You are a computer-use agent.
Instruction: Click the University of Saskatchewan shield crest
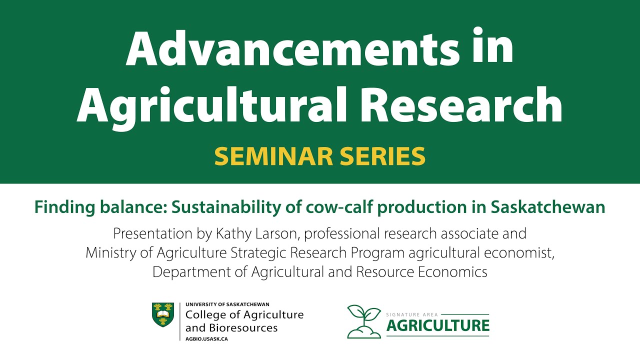(163, 315)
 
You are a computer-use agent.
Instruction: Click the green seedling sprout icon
(364, 321)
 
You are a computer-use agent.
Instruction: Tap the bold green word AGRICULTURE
(438, 326)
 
